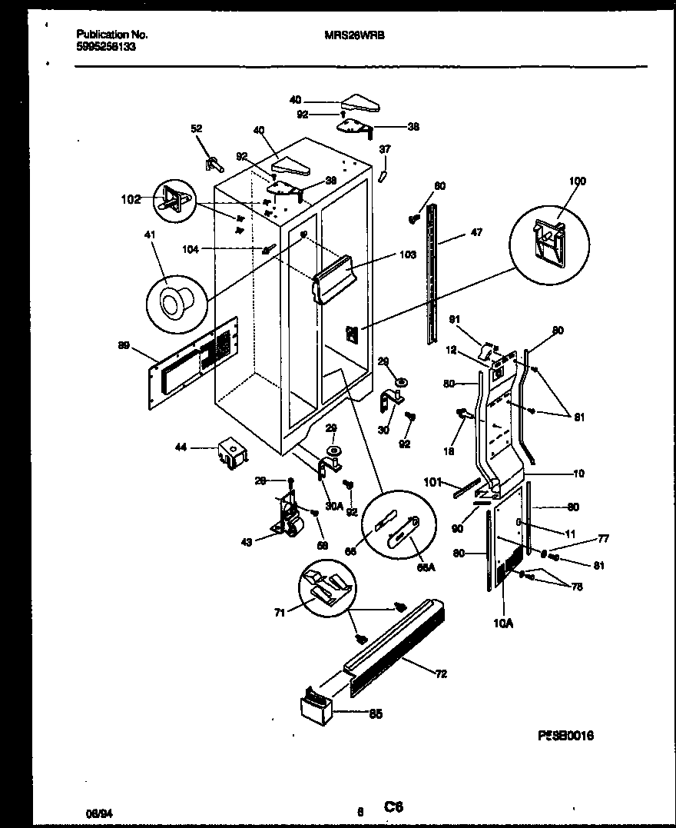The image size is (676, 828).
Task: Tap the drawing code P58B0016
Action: tap(565, 736)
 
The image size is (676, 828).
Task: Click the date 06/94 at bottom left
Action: tap(94, 810)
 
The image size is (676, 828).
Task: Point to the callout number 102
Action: tap(131, 200)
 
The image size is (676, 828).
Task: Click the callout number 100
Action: tap(577, 181)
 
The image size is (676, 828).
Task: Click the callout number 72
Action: tap(441, 674)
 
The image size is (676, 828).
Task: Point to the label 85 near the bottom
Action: tap(376, 713)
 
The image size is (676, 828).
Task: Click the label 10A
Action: tap(502, 624)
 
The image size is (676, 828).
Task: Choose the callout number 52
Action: tap(196, 129)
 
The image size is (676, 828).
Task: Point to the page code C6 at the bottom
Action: tap(394, 806)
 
